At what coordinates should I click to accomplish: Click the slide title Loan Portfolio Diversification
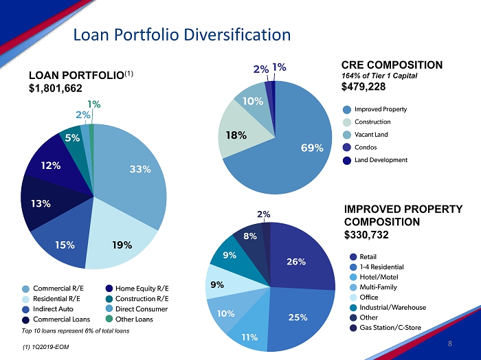coord(181,34)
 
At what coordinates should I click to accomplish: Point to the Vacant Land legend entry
coord(370,135)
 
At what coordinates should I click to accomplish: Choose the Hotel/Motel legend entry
coord(379,277)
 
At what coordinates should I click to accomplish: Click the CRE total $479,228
coord(363,87)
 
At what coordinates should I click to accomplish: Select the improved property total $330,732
coord(366,234)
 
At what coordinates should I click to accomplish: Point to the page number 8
coord(449,344)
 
